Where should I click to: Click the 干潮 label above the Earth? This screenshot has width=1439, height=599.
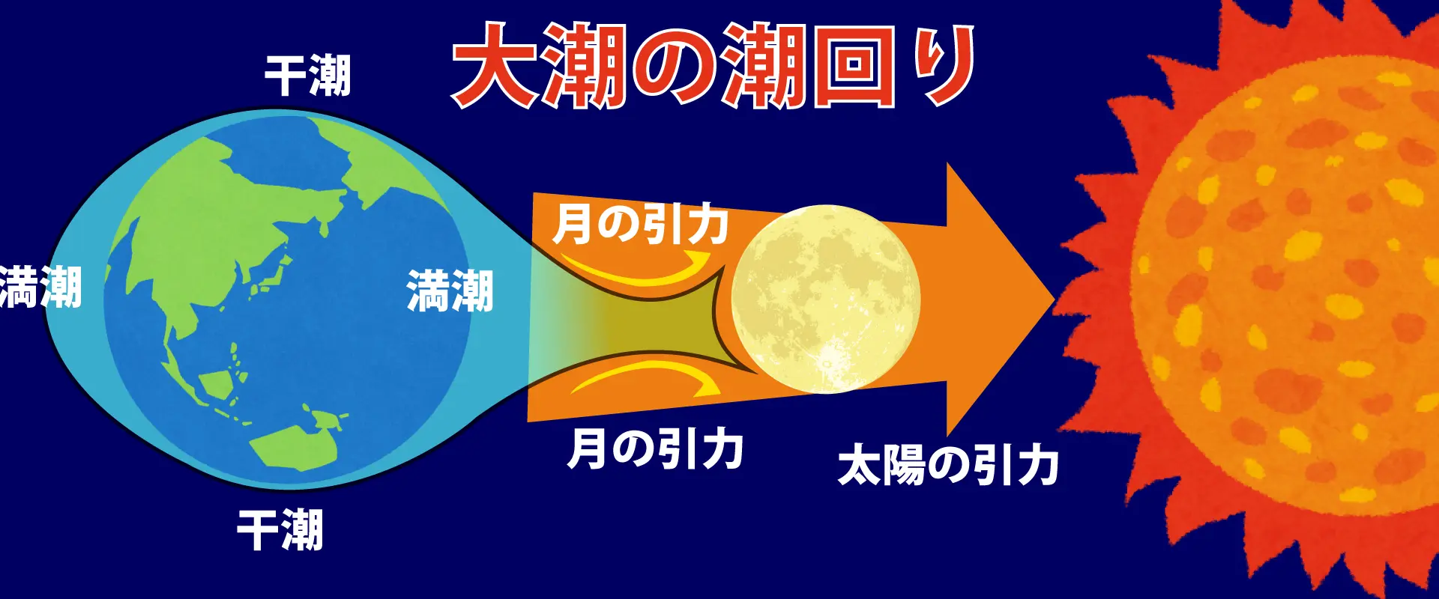(307, 76)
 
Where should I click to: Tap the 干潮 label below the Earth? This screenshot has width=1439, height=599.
(280, 529)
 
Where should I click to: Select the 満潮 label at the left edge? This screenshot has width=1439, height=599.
(39, 288)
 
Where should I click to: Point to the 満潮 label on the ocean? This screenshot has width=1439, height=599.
(450, 291)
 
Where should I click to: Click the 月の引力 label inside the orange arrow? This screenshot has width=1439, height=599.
(640, 224)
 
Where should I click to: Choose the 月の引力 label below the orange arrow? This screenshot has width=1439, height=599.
(655, 449)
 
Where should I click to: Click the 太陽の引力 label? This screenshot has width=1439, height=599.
(947, 465)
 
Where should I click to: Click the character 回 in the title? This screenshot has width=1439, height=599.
(854, 66)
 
